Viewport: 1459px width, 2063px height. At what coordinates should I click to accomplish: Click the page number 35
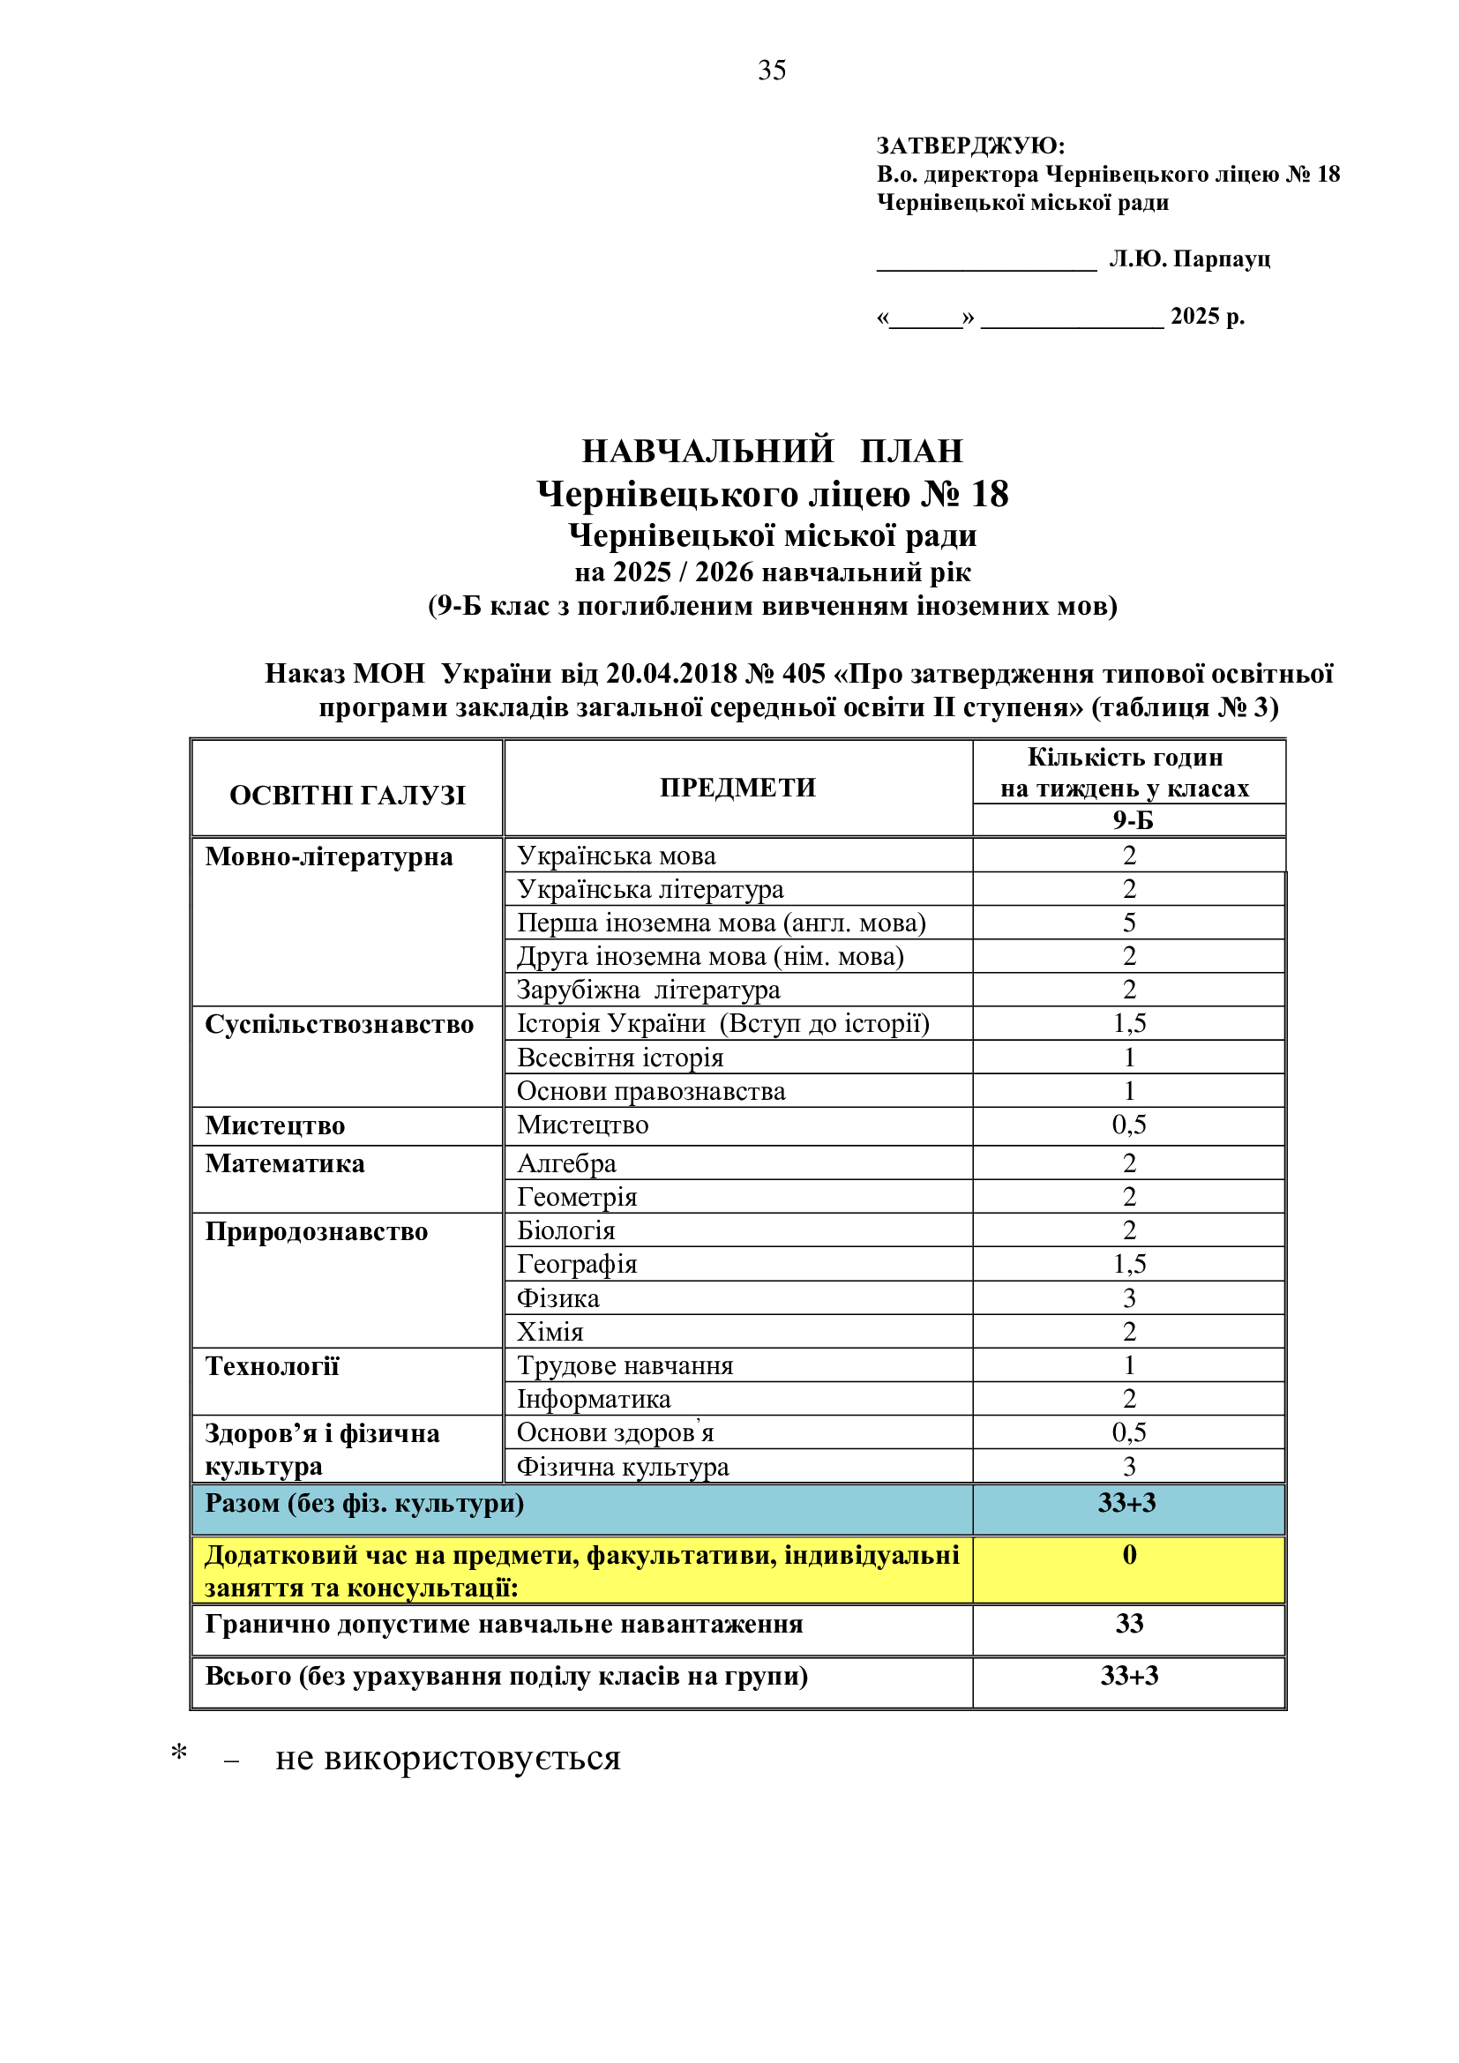click(772, 70)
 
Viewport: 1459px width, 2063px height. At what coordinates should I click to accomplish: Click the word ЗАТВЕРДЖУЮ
click(969, 146)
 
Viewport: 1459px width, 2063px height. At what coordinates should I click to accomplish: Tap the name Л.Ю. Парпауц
click(1189, 259)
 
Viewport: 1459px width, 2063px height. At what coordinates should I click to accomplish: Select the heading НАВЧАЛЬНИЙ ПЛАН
click(772, 451)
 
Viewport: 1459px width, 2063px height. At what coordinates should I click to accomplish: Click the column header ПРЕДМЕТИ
click(737, 788)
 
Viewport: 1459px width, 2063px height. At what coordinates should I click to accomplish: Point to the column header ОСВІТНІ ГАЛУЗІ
click(348, 796)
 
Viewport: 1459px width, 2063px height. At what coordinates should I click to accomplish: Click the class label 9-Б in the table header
click(1132, 820)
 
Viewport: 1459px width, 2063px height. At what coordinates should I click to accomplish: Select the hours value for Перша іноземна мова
click(1129, 923)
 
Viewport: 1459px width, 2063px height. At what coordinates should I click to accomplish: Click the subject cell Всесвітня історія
click(620, 1058)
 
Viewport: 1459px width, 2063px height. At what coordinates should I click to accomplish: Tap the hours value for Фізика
click(1129, 1298)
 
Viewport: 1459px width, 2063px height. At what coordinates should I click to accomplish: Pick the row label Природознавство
click(317, 1232)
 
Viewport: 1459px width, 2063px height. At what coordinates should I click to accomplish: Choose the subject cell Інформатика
click(594, 1399)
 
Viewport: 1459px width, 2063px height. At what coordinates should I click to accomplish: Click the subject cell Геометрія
click(577, 1198)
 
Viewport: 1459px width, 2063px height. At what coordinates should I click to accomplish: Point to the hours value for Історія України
click(1129, 1023)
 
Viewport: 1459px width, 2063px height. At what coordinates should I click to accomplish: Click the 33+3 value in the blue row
click(1126, 1503)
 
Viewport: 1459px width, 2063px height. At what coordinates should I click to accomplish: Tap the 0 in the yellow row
click(1129, 1554)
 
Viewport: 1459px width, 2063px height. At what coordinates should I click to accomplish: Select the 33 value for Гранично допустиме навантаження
click(1129, 1624)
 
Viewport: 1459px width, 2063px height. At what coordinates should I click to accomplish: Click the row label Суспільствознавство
click(339, 1025)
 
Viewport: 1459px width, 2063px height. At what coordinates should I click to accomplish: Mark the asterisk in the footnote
click(179, 1753)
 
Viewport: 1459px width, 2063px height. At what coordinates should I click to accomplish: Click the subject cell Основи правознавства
click(650, 1092)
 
